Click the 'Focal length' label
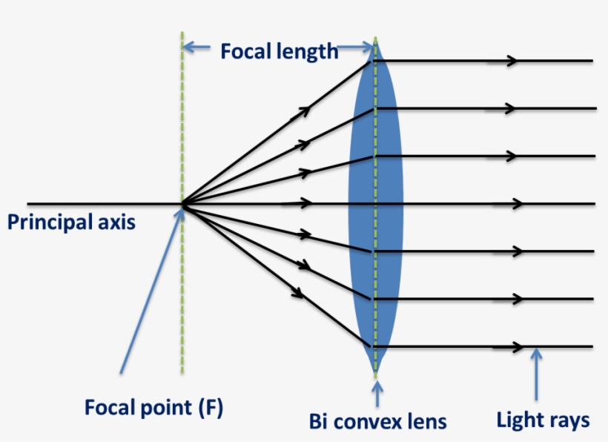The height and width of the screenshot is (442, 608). click(x=279, y=51)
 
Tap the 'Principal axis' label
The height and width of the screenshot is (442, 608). click(x=71, y=222)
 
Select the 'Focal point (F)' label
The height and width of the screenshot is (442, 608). click(x=153, y=407)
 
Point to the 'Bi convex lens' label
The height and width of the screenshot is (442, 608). click(x=378, y=421)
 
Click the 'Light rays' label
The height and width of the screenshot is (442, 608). click(x=543, y=420)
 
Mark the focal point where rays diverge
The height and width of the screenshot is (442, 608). click(x=182, y=204)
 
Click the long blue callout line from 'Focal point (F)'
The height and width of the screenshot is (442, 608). click(x=152, y=289)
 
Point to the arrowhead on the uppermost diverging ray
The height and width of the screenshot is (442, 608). click(x=304, y=110)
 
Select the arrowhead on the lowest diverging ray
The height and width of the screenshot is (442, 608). click(x=298, y=293)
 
